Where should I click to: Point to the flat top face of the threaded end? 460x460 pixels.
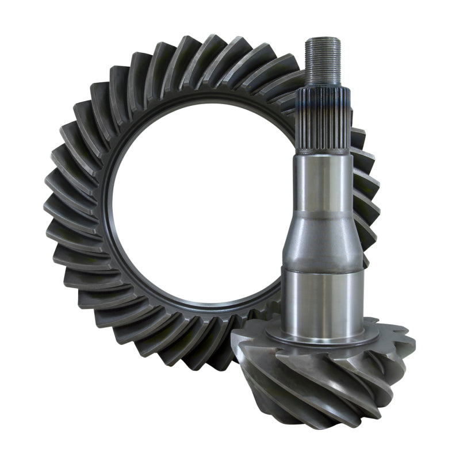pos(320,39)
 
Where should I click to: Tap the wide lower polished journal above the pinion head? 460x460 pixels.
pos(323,299)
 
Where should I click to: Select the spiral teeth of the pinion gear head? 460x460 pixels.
pos(322,379)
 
